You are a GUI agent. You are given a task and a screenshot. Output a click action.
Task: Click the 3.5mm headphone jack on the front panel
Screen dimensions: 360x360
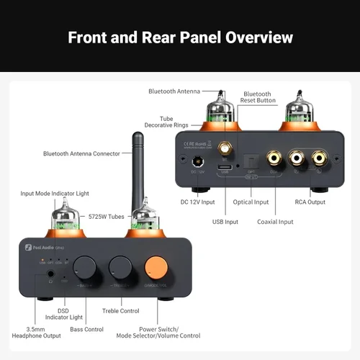coord(50,274)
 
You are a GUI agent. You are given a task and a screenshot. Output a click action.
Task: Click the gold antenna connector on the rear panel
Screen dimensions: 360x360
coord(225,150)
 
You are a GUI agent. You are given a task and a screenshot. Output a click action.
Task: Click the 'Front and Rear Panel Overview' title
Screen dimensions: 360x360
coord(180,37)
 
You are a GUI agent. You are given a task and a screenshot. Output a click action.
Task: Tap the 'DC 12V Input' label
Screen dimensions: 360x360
coord(198,202)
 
